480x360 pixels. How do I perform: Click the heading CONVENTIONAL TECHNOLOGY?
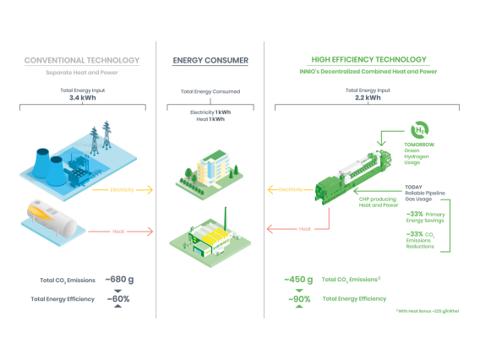[x=82, y=60]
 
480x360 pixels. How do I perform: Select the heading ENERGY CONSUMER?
[x=210, y=60]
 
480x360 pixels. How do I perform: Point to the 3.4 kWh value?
[x=82, y=97]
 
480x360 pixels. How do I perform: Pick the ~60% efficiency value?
[x=118, y=298]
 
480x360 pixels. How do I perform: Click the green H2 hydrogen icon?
[x=418, y=131]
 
